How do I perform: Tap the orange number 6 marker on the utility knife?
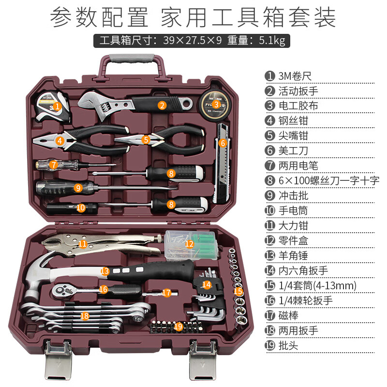click(223, 143)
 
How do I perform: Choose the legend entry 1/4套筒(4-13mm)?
click(317, 285)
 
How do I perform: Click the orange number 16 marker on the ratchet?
click(103, 289)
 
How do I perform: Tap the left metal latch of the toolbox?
click(58, 360)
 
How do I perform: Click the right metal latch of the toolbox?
click(203, 360)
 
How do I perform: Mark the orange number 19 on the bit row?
click(178, 326)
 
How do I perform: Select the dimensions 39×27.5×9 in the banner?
click(193, 40)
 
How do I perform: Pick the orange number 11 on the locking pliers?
click(83, 244)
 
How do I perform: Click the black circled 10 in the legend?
click(269, 210)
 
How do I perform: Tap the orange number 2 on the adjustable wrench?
click(162, 104)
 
